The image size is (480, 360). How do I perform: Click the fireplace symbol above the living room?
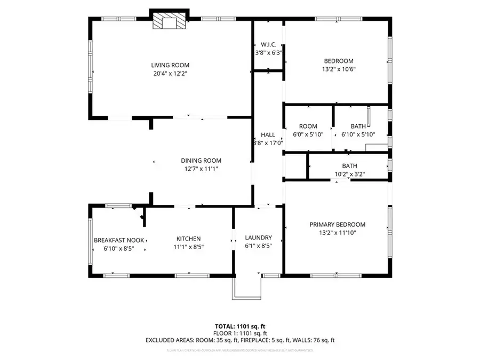pos(169,21)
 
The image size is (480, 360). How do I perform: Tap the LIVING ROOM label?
pos(170,65)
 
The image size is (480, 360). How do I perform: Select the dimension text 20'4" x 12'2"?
pos(170,74)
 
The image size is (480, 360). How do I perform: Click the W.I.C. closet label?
pos(268,44)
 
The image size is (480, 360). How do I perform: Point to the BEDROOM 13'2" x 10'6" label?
pos(338,61)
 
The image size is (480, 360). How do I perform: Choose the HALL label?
pos(268,134)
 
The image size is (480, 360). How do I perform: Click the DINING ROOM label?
pos(201,160)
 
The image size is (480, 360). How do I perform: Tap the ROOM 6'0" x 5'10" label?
pos(305,126)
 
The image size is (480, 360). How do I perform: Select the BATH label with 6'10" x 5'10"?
pos(358,126)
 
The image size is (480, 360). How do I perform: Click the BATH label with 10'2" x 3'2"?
pos(349,165)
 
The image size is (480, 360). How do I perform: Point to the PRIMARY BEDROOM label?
pos(337,225)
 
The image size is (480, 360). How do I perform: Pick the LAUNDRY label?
pos(258,238)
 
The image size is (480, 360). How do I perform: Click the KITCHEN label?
pos(189,238)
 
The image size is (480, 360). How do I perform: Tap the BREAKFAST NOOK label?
pos(119,240)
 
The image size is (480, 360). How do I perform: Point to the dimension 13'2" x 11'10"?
pos(337,234)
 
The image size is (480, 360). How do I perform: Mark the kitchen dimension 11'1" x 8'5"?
pos(189,247)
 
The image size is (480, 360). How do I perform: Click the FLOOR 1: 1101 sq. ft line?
pos(240,332)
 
